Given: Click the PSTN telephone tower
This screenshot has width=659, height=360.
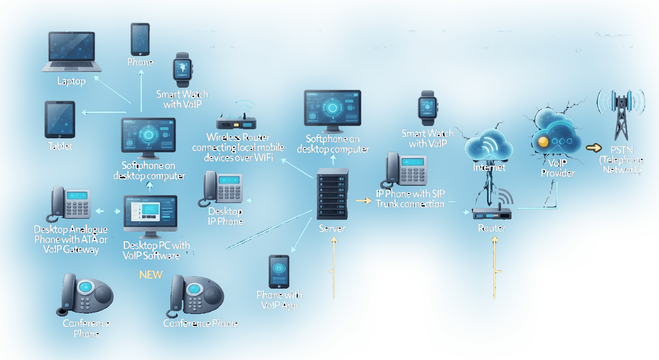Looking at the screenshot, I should click(621, 115).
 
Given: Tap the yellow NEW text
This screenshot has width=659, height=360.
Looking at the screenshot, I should click(151, 275).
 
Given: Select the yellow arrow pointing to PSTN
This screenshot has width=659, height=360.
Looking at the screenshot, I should click(594, 148).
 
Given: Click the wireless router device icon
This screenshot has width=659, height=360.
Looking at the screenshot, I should click(235, 123).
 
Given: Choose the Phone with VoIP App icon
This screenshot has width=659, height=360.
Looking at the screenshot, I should click(279, 271).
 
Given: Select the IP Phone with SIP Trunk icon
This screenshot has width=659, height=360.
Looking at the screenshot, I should click(406, 170).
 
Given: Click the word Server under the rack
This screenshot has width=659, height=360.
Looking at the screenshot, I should click(332, 229).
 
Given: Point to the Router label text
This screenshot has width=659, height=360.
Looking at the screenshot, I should click(491, 228).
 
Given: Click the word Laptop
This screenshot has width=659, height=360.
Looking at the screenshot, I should click(71, 81).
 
